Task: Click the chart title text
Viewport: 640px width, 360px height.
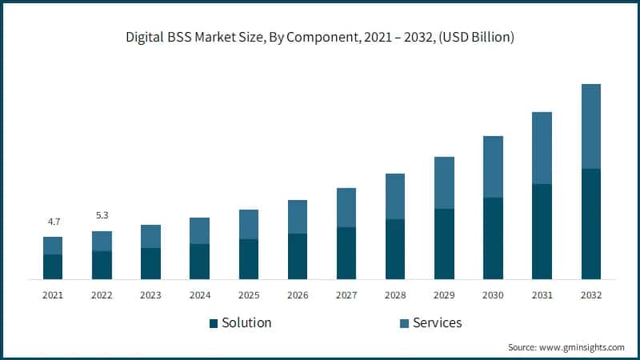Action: pos(320,37)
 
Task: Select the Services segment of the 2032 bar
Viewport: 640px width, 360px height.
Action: pos(590,126)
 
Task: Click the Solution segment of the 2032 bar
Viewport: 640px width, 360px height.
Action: pos(590,224)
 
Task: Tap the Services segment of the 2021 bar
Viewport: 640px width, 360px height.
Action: pos(53,246)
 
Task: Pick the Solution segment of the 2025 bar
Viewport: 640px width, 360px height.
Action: pos(249,259)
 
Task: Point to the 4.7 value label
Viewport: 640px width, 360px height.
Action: pos(53,221)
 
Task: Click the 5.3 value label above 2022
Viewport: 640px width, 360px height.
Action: pos(102,215)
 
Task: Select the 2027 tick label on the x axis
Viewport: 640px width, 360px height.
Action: pos(346,295)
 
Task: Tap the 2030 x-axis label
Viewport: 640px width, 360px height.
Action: pos(493,295)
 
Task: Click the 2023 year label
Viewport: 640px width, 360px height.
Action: pos(150,295)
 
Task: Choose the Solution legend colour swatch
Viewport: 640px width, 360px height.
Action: pos(214,323)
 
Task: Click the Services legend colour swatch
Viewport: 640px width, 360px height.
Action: pos(405,323)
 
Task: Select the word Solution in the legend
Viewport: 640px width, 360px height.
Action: pos(247,323)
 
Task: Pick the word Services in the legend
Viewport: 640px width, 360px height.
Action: pos(438,323)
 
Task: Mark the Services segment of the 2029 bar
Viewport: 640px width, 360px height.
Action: pos(444,183)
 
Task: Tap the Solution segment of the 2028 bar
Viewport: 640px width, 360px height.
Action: pos(395,249)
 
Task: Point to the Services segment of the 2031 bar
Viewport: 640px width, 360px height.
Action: pos(542,148)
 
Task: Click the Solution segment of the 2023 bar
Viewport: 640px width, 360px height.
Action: pos(150,263)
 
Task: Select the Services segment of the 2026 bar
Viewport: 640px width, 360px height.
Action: pos(298,217)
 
